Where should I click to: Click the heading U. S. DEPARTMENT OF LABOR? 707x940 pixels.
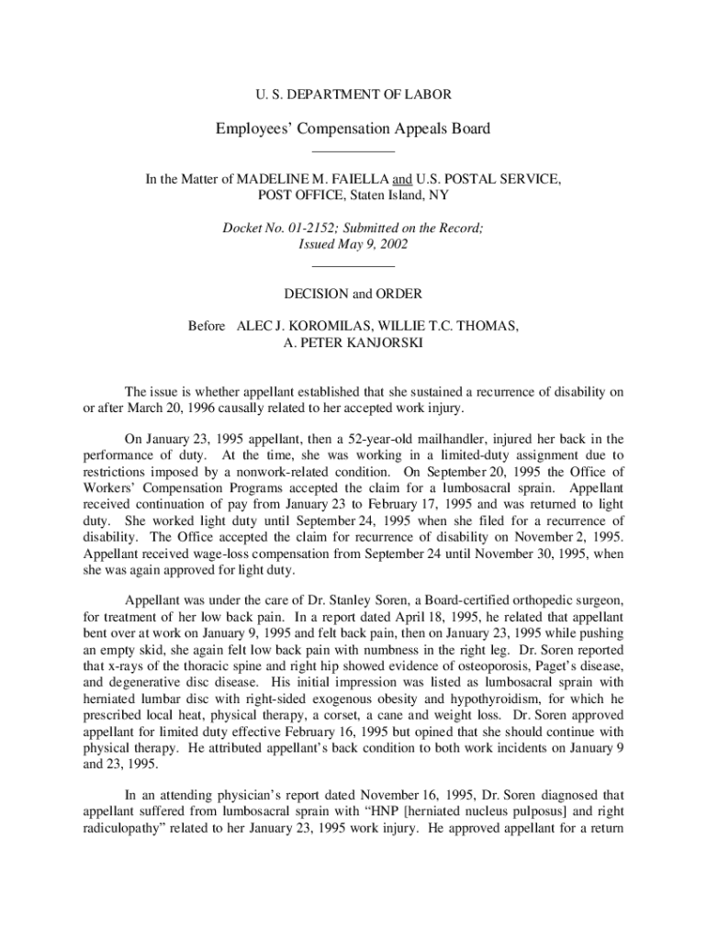coord(353,94)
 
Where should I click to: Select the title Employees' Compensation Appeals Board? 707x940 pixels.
coord(353,129)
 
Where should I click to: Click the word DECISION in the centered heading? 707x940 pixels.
coord(318,295)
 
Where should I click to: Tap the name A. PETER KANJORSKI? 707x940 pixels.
coord(353,343)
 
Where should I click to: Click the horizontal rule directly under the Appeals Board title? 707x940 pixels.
coord(353,150)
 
